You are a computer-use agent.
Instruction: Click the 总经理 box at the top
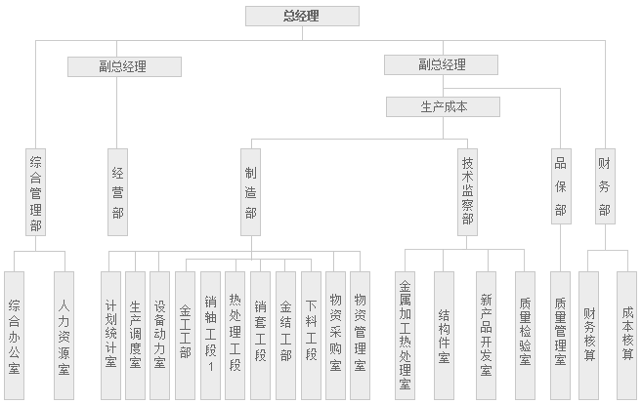click(302, 16)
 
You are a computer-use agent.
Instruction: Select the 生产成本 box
click(443, 106)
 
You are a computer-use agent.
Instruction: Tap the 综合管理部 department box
click(35, 192)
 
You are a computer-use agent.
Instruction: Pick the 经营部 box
click(117, 192)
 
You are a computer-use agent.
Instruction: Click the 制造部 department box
click(250, 192)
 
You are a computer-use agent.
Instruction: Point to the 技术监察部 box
click(468, 192)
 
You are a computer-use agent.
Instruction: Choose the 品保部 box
click(561, 186)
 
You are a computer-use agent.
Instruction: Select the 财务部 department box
click(605, 186)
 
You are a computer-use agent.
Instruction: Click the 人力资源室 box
click(64, 336)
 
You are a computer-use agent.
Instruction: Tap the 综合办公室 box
click(15, 336)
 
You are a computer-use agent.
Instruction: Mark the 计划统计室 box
click(111, 336)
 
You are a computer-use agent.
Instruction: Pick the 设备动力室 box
click(159, 336)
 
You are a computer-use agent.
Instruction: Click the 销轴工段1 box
click(210, 336)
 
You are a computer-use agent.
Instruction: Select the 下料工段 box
click(311, 336)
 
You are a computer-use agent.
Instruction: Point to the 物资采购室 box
click(336, 336)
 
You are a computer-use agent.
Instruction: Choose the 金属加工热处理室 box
click(405, 336)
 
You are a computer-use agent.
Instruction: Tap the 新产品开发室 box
click(486, 336)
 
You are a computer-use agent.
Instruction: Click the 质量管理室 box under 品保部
click(561, 336)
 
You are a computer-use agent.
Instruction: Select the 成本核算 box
click(626, 336)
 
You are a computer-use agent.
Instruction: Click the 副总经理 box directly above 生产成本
click(441, 64)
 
